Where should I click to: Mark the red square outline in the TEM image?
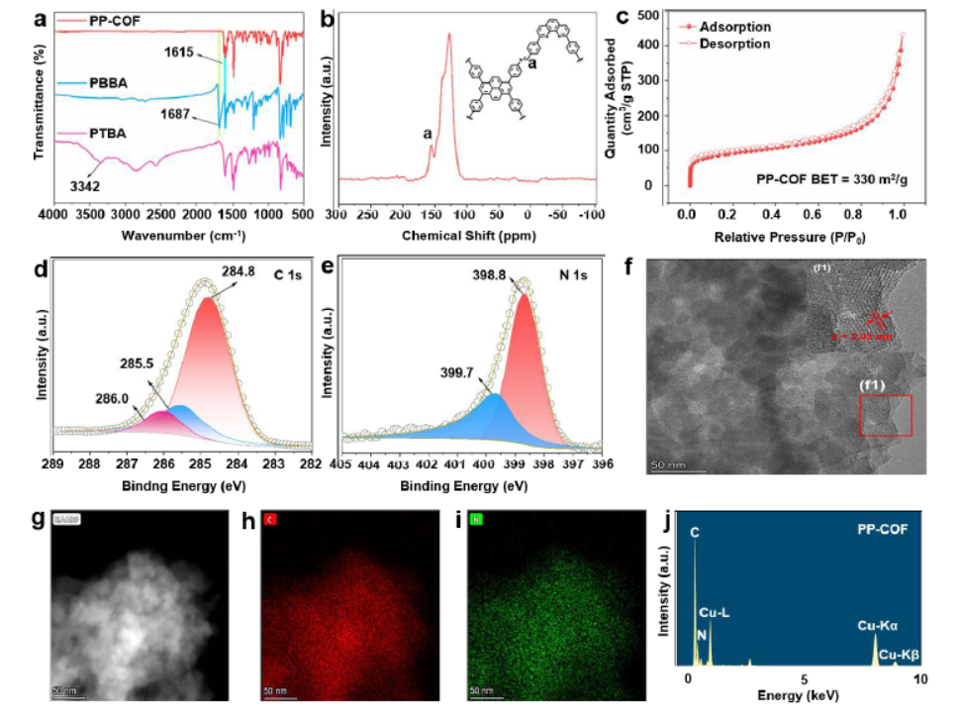[885, 414]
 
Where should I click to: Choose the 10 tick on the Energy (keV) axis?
[919, 680]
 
